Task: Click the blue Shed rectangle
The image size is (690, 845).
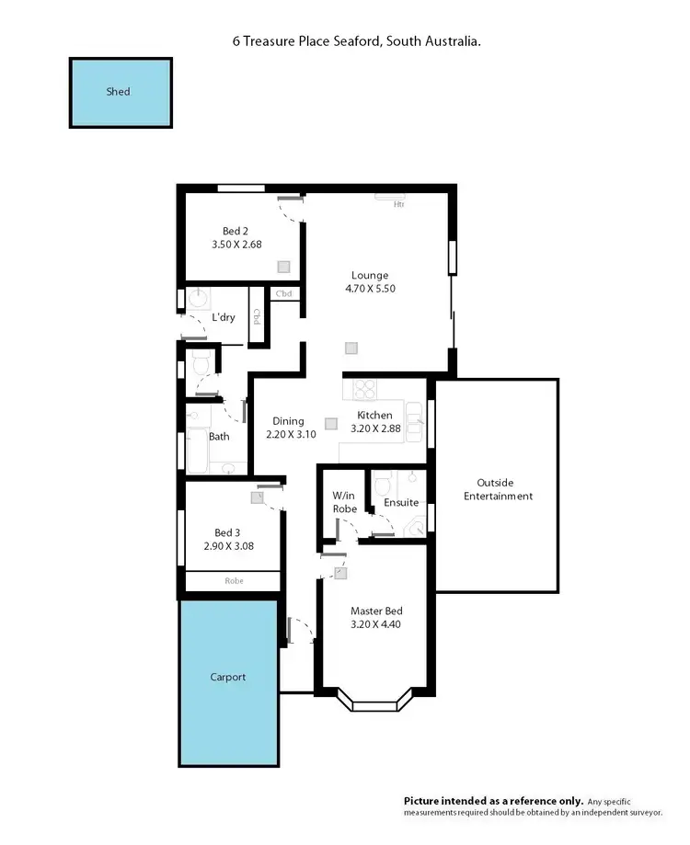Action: [x=121, y=93]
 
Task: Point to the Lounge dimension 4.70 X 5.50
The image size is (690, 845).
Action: [x=369, y=288]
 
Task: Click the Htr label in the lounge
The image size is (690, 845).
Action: [x=398, y=204]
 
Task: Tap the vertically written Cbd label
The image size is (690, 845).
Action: [x=258, y=316]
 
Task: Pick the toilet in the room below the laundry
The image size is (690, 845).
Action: [x=201, y=364]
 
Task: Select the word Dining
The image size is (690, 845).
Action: [x=287, y=421]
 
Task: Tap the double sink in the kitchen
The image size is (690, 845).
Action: [x=416, y=422]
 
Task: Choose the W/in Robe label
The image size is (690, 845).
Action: [x=344, y=502]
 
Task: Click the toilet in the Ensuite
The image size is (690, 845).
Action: [x=384, y=483]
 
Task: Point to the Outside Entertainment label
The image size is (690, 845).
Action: [x=497, y=489]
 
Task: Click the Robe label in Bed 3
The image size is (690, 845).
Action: [x=234, y=581]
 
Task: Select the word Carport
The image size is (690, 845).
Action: [x=227, y=678]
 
